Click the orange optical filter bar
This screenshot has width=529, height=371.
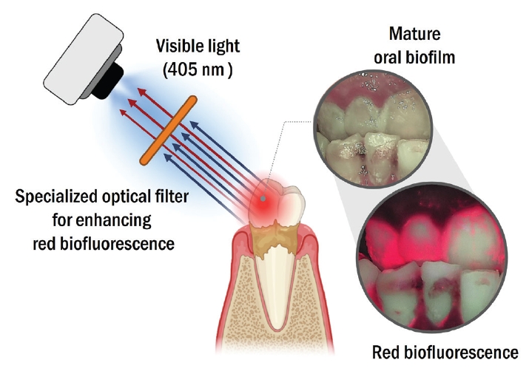point(168,130)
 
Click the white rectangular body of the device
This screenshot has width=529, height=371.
point(84,60)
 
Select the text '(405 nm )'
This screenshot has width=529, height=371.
point(198,69)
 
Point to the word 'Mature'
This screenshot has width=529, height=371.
point(414,34)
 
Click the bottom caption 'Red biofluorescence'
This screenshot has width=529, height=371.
point(445,353)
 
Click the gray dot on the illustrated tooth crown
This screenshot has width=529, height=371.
point(263,199)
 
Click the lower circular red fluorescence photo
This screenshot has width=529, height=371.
point(432,259)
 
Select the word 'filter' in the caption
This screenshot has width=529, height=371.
point(172,197)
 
